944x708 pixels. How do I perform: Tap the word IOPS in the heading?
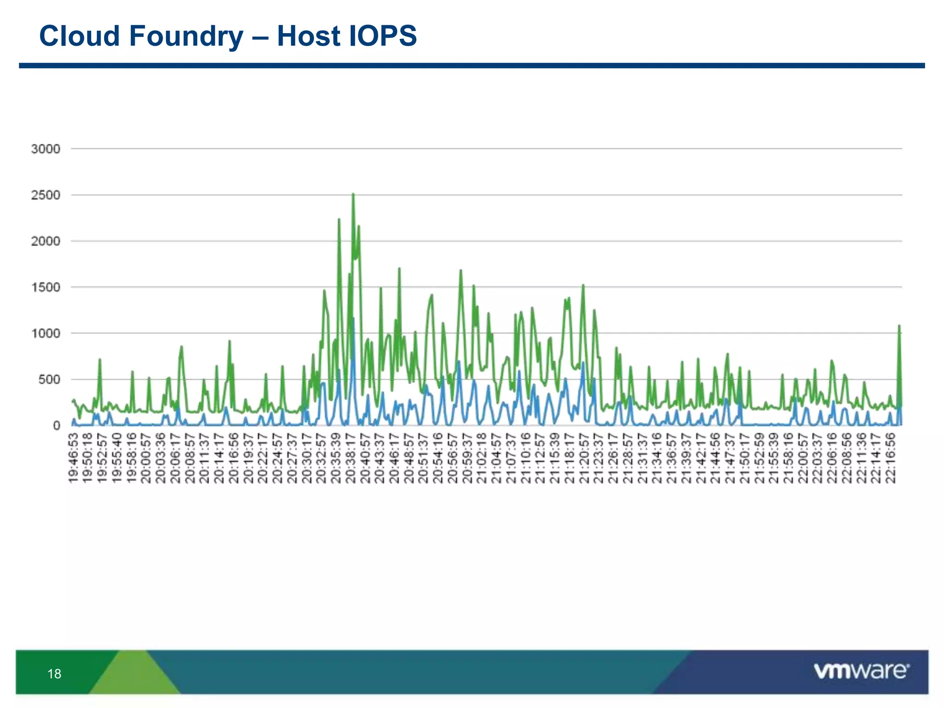pyautogui.click(x=383, y=36)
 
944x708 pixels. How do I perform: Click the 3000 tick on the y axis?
pyautogui.click(x=46, y=149)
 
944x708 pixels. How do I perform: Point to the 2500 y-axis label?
pyautogui.click(x=46, y=195)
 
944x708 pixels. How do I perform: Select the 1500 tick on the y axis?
pyautogui.click(x=46, y=287)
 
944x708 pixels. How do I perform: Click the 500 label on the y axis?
pyautogui.click(x=49, y=379)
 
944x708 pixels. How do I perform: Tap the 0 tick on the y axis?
pyautogui.click(x=56, y=425)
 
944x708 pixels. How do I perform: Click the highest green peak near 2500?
pyautogui.click(x=353, y=195)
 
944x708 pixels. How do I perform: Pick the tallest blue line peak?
pyautogui.click(x=353, y=318)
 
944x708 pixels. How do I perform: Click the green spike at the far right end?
pyautogui.click(x=899, y=326)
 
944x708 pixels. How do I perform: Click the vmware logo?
pyautogui.click(x=861, y=671)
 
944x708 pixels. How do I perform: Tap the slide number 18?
pyautogui.click(x=54, y=674)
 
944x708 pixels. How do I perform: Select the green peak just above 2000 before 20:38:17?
pyautogui.click(x=339, y=220)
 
